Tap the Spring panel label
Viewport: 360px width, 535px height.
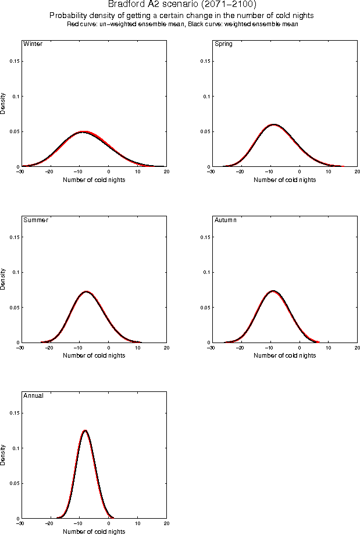click(224, 44)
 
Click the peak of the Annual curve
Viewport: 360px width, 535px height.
click(85, 431)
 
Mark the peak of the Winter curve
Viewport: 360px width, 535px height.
click(84, 132)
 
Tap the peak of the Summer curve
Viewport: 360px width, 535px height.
click(86, 291)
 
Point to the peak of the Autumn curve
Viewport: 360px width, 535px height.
click(273, 291)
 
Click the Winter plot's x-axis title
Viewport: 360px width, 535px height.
click(94, 180)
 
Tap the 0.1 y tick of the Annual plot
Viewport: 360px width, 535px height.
click(13, 448)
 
